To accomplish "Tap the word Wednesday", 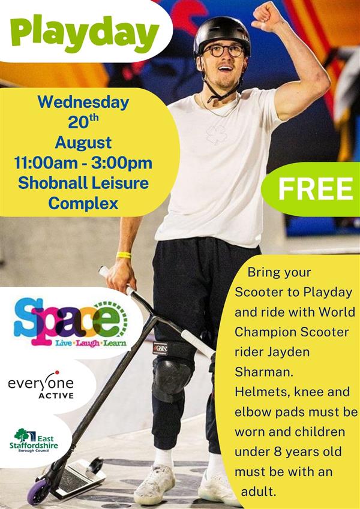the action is click(x=83, y=103).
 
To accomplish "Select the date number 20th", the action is click(x=83, y=122).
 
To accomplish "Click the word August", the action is click(x=83, y=143).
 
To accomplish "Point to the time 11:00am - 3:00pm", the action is click(x=83, y=163).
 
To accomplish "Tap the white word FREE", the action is click(x=316, y=189).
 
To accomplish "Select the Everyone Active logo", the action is click(x=41, y=385).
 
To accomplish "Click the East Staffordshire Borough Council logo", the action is click(x=34, y=441).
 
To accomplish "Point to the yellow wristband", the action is click(x=124, y=255).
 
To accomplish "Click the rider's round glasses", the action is click(x=224, y=50).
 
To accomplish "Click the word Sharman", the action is click(x=264, y=372).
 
